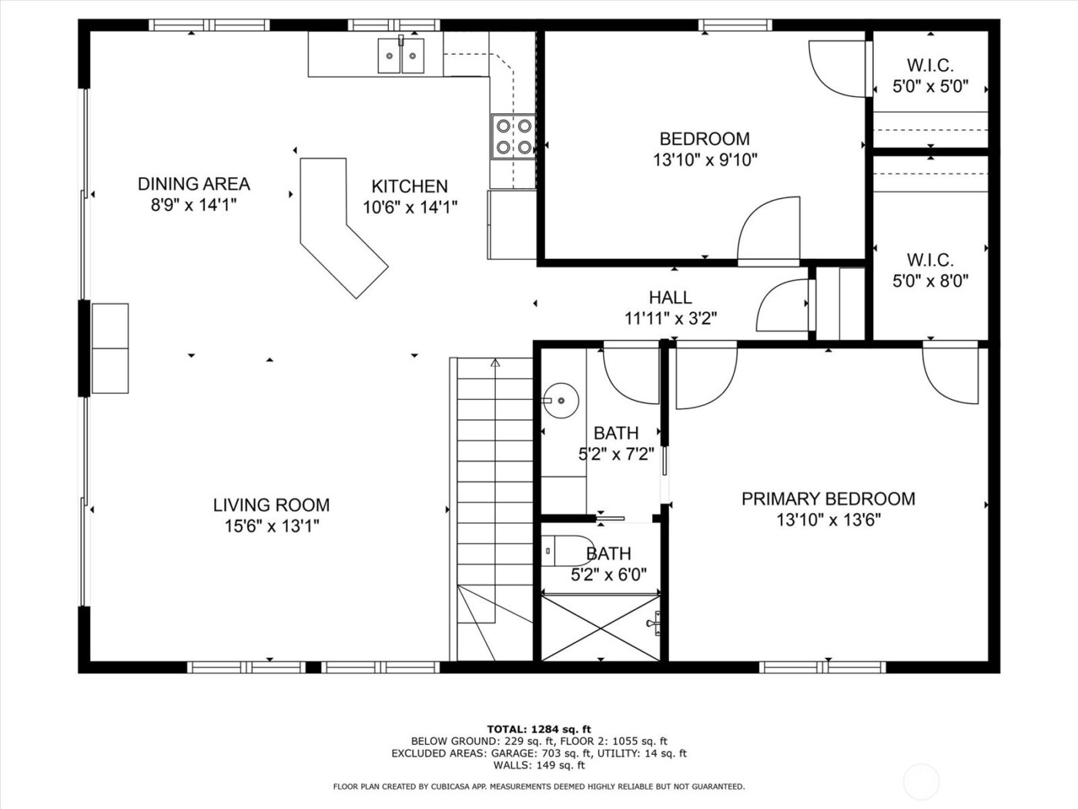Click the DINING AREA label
point(193,183)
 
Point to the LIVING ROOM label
point(271,505)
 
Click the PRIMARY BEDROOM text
point(828,498)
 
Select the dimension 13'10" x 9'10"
point(705,160)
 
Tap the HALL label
point(670,297)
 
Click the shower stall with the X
point(601,627)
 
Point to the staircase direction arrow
point(495,363)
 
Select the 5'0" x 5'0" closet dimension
point(930,86)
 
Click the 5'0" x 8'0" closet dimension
point(930,281)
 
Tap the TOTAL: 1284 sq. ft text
point(539,729)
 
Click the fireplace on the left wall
point(110,348)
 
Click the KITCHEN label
point(409,186)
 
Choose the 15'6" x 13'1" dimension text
point(271,526)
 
